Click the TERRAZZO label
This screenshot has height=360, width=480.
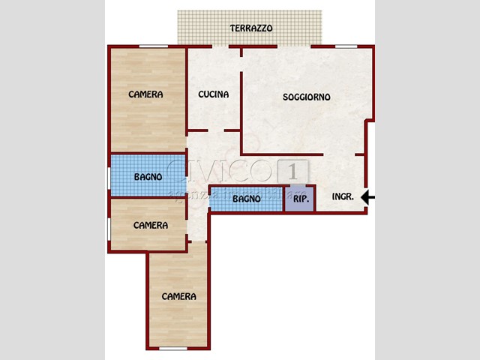tap(251, 28)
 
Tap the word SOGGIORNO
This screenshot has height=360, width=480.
tap(306, 97)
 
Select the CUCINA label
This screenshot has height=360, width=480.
tap(213, 94)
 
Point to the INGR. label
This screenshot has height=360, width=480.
tap(343, 197)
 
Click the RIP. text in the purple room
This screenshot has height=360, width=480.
tap(300, 199)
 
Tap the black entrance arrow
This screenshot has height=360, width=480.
tap(367, 197)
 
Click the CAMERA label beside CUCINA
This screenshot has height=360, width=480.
tap(145, 94)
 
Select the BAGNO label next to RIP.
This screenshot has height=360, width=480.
tap(246, 199)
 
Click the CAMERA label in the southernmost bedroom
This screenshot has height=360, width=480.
tap(178, 296)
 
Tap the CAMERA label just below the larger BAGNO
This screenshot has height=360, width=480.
tap(150, 225)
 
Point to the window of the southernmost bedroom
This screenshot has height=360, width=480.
tap(173, 348)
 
